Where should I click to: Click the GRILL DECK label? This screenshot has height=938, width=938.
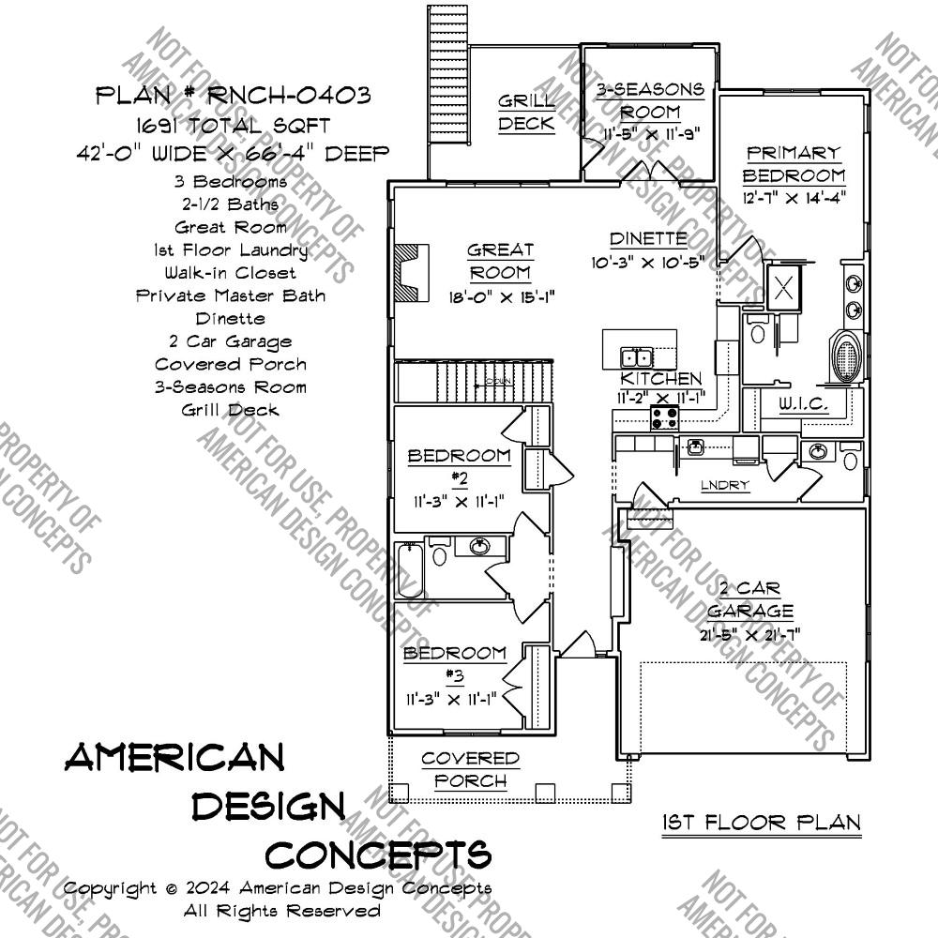[x=525, y=112]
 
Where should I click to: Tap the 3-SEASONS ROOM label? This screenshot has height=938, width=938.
[x=651, y=99]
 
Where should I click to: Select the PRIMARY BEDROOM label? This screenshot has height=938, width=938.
[x=794, y=163]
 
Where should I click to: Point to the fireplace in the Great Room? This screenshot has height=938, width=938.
[x=408, y=273]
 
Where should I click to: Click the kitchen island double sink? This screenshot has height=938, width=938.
[x=637, y=357]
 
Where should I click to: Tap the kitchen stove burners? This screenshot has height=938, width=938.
[x=665, y=419]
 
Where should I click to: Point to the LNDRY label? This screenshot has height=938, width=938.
[x=726, y=485]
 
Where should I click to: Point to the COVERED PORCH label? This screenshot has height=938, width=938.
[x=470, y=769]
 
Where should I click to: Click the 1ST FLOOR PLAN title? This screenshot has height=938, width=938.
[x=761, y=823]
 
